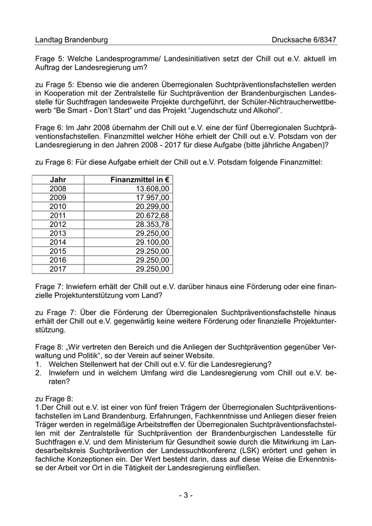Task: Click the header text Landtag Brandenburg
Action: (71, 40)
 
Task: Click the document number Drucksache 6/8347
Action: (304, 40)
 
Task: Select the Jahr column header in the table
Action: (58, 180)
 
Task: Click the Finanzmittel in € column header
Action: (140, 180)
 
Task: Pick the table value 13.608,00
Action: (153, 189)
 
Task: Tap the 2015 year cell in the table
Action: (58, 250)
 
